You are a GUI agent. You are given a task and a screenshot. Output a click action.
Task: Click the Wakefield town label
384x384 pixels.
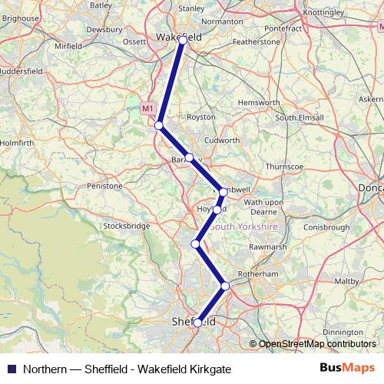178,36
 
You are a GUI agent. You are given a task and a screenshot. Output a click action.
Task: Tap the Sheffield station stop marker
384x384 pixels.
197,323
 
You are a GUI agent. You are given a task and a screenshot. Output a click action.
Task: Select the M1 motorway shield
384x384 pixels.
148,109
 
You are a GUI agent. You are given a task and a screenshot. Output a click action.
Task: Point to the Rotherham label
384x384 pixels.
258,273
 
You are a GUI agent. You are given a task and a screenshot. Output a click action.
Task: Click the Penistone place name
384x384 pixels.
104,186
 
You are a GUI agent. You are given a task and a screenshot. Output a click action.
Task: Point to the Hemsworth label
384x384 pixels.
260,101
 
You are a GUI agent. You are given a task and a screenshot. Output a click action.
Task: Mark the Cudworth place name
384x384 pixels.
223,141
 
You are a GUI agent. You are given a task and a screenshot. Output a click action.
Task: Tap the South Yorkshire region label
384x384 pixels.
243,227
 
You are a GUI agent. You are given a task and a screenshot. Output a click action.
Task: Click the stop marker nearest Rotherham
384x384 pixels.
225,286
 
